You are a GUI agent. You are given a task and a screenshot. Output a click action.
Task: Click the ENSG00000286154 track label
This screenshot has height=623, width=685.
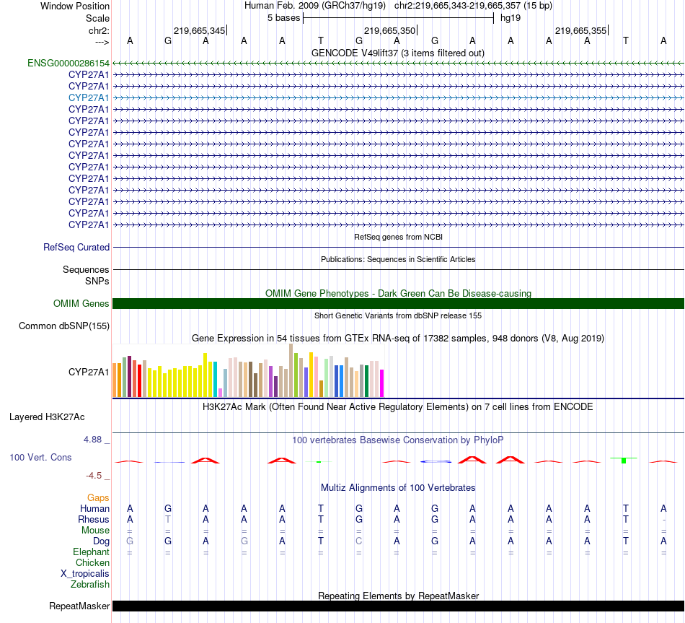[68, 63]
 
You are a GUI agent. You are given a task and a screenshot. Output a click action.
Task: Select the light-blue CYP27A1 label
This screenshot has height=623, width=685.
[89, 97]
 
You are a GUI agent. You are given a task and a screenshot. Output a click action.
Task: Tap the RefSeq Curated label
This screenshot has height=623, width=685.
[76, 247]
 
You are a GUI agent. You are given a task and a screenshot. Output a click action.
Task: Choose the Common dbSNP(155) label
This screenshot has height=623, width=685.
[64, 326]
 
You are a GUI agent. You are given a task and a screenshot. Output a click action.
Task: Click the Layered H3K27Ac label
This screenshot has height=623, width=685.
[47, 417]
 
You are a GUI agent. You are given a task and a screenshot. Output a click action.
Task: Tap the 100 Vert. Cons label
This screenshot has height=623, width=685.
[40, 457]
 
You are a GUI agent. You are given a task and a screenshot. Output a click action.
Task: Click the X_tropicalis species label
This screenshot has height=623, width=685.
[85, 574]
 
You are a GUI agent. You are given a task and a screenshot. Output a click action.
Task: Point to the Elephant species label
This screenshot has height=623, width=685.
[91, 552]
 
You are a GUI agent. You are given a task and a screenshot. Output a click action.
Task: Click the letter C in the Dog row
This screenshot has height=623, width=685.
[359, 541]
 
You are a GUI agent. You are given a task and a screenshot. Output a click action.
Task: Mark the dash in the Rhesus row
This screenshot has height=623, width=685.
[663, 519]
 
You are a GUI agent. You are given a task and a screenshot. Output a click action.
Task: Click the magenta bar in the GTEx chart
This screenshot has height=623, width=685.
[382, 383]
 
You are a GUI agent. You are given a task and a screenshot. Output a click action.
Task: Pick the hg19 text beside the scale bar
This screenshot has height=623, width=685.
[511, 17]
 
